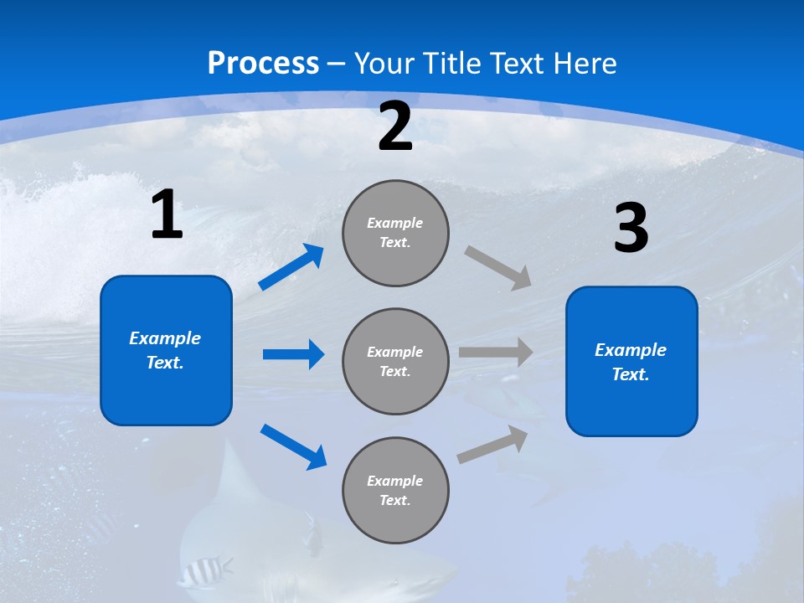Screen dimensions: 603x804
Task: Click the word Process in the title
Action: [x=263, y=64]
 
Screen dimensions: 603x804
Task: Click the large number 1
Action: [x=167, y=215]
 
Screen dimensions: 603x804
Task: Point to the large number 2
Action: [x=395, y=127]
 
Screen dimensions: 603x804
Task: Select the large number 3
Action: [x=631, y=229]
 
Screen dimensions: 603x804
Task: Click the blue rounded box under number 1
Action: [x=166, y=350]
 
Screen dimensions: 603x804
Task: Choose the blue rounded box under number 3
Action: [x=631, y=361]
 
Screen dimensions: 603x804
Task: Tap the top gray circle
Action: [x=395, y=233]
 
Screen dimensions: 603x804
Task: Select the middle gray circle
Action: [x=395, y=361]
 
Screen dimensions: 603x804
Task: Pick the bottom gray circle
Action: [x=395, y=490]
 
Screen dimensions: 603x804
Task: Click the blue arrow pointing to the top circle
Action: [x=291, y=267]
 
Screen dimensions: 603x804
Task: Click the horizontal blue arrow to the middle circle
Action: [x=293, y=354]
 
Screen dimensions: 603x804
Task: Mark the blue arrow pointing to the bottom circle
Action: [x=293, y=446]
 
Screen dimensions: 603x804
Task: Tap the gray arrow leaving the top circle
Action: [x=498, y=267]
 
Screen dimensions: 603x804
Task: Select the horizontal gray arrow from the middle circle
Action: [x=496, y=353]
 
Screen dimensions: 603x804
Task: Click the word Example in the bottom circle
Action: [x=395, y=481]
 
